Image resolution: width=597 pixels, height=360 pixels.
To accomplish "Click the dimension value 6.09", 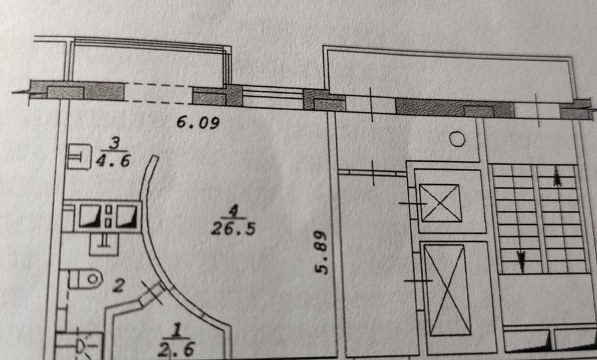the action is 198,123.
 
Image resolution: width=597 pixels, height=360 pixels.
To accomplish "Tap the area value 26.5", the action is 233,229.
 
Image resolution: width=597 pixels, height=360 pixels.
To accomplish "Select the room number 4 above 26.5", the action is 233,210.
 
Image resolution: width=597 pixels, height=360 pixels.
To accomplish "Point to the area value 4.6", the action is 113,160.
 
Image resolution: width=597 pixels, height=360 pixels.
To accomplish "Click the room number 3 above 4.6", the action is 114,143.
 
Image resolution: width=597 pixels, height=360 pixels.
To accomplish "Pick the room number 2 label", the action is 119,285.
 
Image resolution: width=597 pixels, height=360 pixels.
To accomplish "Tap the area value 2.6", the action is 176,349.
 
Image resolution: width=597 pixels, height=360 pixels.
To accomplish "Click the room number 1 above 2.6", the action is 176,331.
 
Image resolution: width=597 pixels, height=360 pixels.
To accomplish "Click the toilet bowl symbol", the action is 86,279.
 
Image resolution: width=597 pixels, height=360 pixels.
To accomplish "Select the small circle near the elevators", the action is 457,139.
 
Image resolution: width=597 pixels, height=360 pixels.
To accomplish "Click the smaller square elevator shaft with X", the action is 440,203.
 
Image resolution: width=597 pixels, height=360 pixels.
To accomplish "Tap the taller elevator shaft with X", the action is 447,290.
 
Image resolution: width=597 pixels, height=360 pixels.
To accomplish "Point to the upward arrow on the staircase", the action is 557,176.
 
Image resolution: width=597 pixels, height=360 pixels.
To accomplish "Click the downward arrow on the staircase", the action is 521,261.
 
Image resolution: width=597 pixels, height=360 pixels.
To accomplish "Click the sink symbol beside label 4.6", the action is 79,156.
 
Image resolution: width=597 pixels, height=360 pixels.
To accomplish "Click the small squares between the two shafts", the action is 109,216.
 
